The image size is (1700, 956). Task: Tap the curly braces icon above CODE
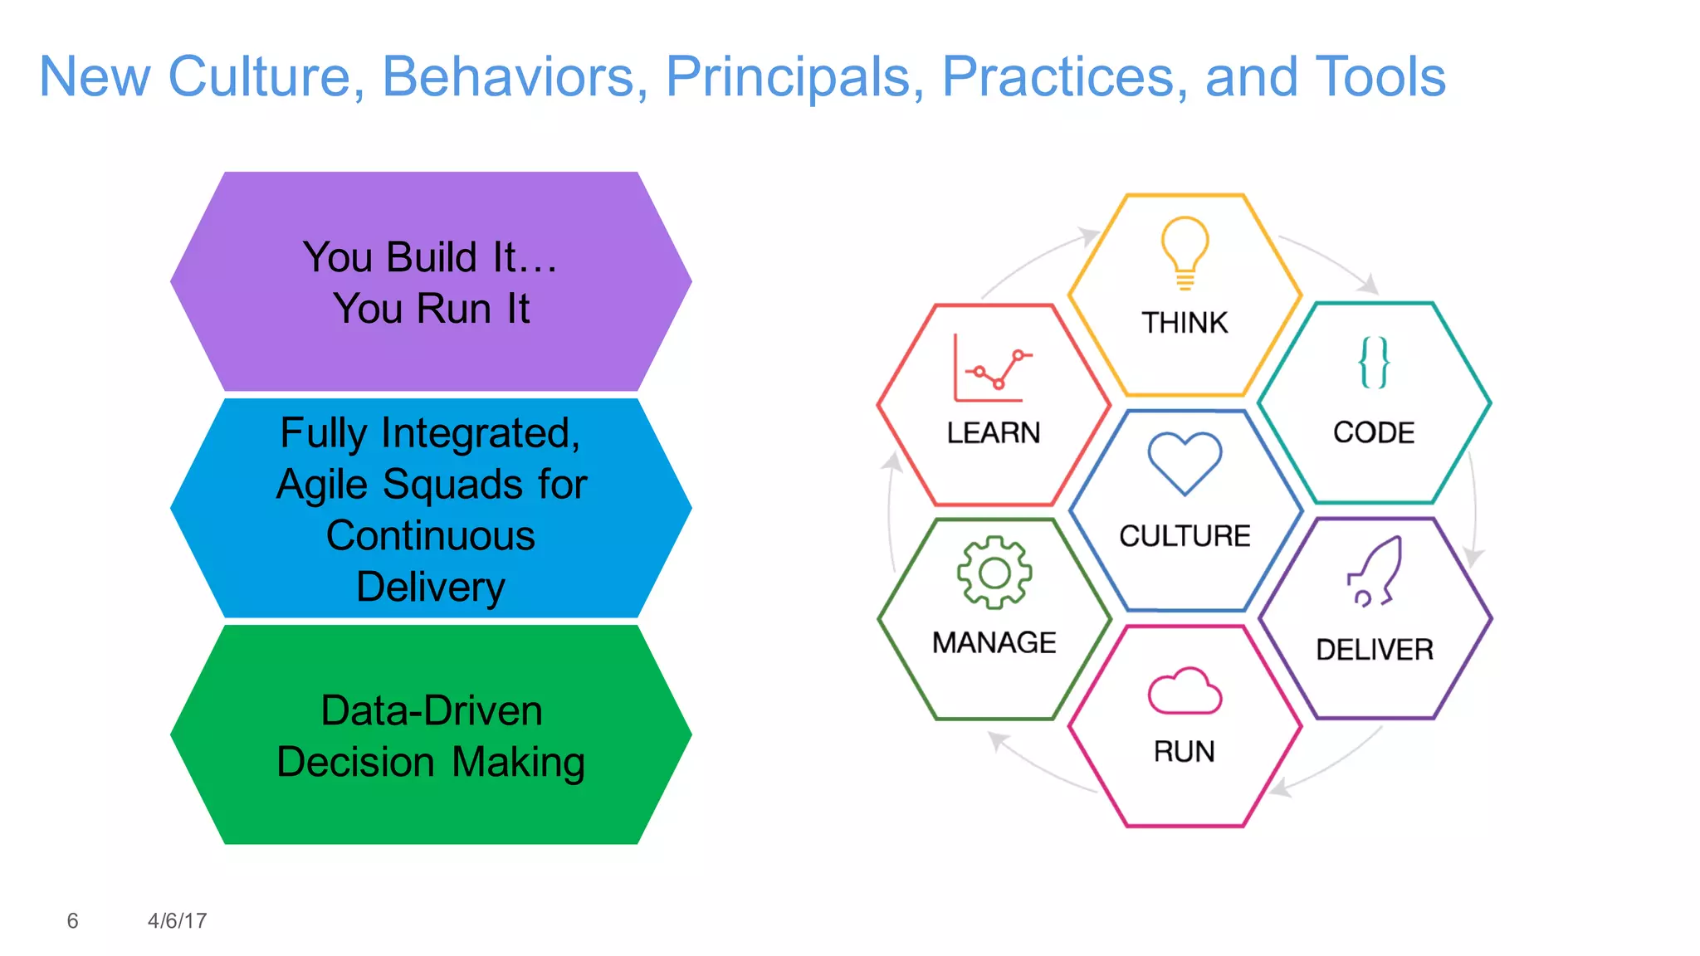[1374, 363]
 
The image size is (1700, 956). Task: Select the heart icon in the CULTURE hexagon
[1185, 463]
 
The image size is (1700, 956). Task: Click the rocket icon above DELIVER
[1375, 572]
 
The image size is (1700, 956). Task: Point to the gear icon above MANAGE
[994, 573]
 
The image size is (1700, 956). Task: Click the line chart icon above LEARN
[992, 368]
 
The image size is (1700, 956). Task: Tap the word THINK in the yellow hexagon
[1185, 323]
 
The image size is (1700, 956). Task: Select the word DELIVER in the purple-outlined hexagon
[1375, 650]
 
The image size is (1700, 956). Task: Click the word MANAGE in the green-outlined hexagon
[994, 643]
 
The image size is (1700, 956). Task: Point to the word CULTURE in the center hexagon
[1185, 536]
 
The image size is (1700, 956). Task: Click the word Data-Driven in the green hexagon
[432, 711]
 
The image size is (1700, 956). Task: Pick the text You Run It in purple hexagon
[432, 309]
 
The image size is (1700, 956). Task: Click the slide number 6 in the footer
[72, 921]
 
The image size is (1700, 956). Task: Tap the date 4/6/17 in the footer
[177, 921]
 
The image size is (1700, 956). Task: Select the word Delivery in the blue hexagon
[431, 588]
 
